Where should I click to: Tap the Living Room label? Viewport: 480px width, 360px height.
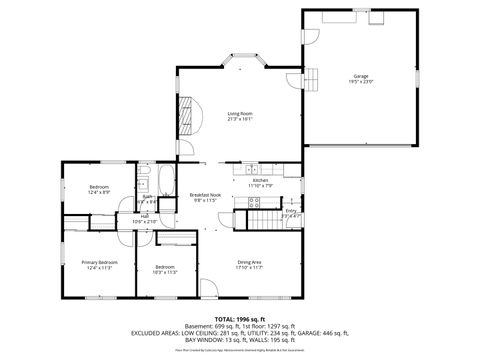pyautogui.click(x=240, y=113)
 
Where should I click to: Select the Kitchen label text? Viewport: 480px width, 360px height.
pyautogui.click(x=260, y=180)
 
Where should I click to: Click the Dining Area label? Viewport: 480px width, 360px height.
pyautogui.click(x=249, y=261)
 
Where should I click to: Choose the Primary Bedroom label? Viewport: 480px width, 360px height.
pyautogui.click(x=102, y=262)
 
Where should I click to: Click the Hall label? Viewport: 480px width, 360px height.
pyautogui.click(x=145, y=216)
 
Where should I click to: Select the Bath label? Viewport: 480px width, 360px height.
pyautogui.click(x=147, y=197)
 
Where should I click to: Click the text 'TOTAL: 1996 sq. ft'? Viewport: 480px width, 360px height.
pyautogui.click(x=240, y=319)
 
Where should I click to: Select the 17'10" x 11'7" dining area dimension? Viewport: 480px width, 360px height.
pyautogui.click(x=249, y=267)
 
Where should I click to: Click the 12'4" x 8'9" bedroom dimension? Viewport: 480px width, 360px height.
pyautogui.click(x=99, y=192)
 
